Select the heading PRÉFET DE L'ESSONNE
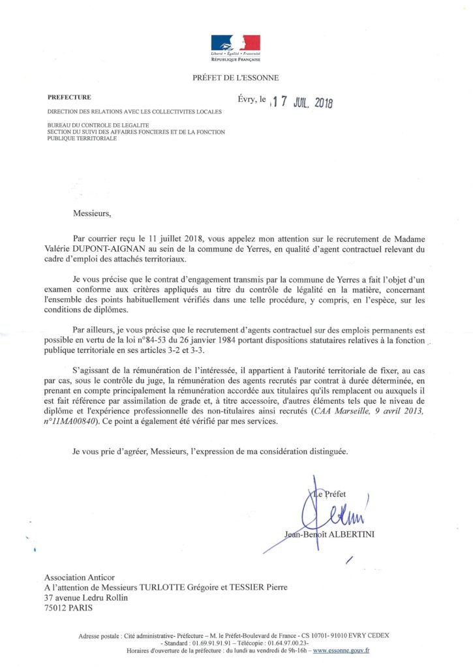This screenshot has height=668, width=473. coord(236,78)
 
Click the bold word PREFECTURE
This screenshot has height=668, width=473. coord(69,97)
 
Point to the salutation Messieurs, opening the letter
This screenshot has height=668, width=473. coord(92,213)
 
